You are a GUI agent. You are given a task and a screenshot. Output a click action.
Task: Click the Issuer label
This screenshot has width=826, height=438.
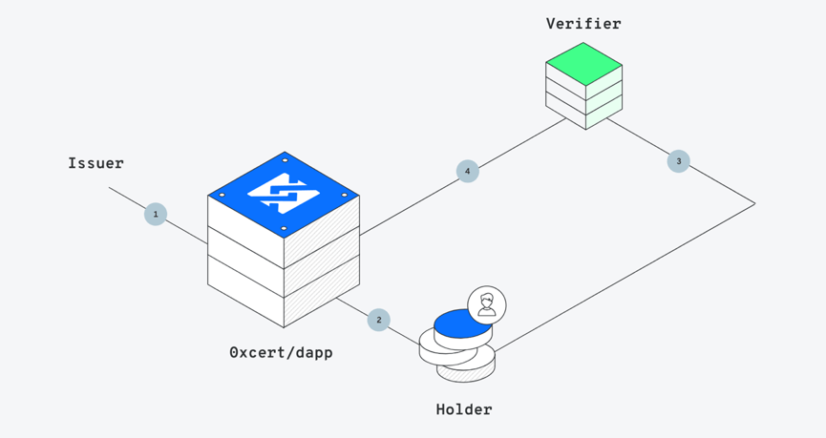[x=95, y=163]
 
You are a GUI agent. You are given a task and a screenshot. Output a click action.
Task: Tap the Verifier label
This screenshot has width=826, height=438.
[x=583, y=24]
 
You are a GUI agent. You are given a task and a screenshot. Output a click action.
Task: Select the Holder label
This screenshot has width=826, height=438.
[x=464, y=409]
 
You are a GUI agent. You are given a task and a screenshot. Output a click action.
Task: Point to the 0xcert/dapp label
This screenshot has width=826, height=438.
[x=282, y=353]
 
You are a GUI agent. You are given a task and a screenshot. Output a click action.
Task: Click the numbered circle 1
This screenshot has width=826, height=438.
[x=156, y=215]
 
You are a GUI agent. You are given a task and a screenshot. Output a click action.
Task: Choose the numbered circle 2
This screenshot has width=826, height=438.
[x=379, y=320]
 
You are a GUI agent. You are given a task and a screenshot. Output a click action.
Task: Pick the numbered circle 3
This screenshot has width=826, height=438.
[x=679, y=161]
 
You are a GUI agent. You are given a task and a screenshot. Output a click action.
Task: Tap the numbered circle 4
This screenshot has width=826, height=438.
[x=467, y=171]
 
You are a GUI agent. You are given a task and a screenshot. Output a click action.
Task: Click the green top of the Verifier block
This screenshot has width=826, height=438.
[x=583, y=64]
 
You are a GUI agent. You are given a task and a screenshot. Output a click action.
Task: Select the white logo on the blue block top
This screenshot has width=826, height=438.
[x=284, y=193]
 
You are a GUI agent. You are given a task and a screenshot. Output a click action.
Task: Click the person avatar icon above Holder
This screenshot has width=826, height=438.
[x=487, y=305]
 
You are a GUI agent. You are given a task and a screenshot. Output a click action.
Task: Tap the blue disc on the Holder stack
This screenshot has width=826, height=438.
[x=463, y=323]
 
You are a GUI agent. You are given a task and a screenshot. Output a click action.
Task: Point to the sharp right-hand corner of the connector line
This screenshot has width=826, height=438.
[x=754, y=204]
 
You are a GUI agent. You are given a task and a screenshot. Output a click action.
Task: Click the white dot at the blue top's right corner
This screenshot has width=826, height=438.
[x=345, y=195]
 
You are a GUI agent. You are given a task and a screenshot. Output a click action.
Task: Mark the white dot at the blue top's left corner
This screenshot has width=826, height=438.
[x=222, y=195]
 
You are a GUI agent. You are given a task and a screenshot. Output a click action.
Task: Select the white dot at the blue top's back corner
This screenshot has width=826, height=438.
[x=285, y=160]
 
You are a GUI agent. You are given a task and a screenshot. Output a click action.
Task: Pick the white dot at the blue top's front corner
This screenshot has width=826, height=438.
[x=284, y=228]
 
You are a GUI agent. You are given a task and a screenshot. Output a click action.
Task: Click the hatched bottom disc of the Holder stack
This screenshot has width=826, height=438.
[x=466, y=371]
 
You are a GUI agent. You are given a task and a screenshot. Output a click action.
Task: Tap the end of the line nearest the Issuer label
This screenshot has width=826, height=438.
[x=109, y=187]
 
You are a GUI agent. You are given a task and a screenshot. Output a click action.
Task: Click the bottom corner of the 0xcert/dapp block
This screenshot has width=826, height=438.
[x=284, y=327]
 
